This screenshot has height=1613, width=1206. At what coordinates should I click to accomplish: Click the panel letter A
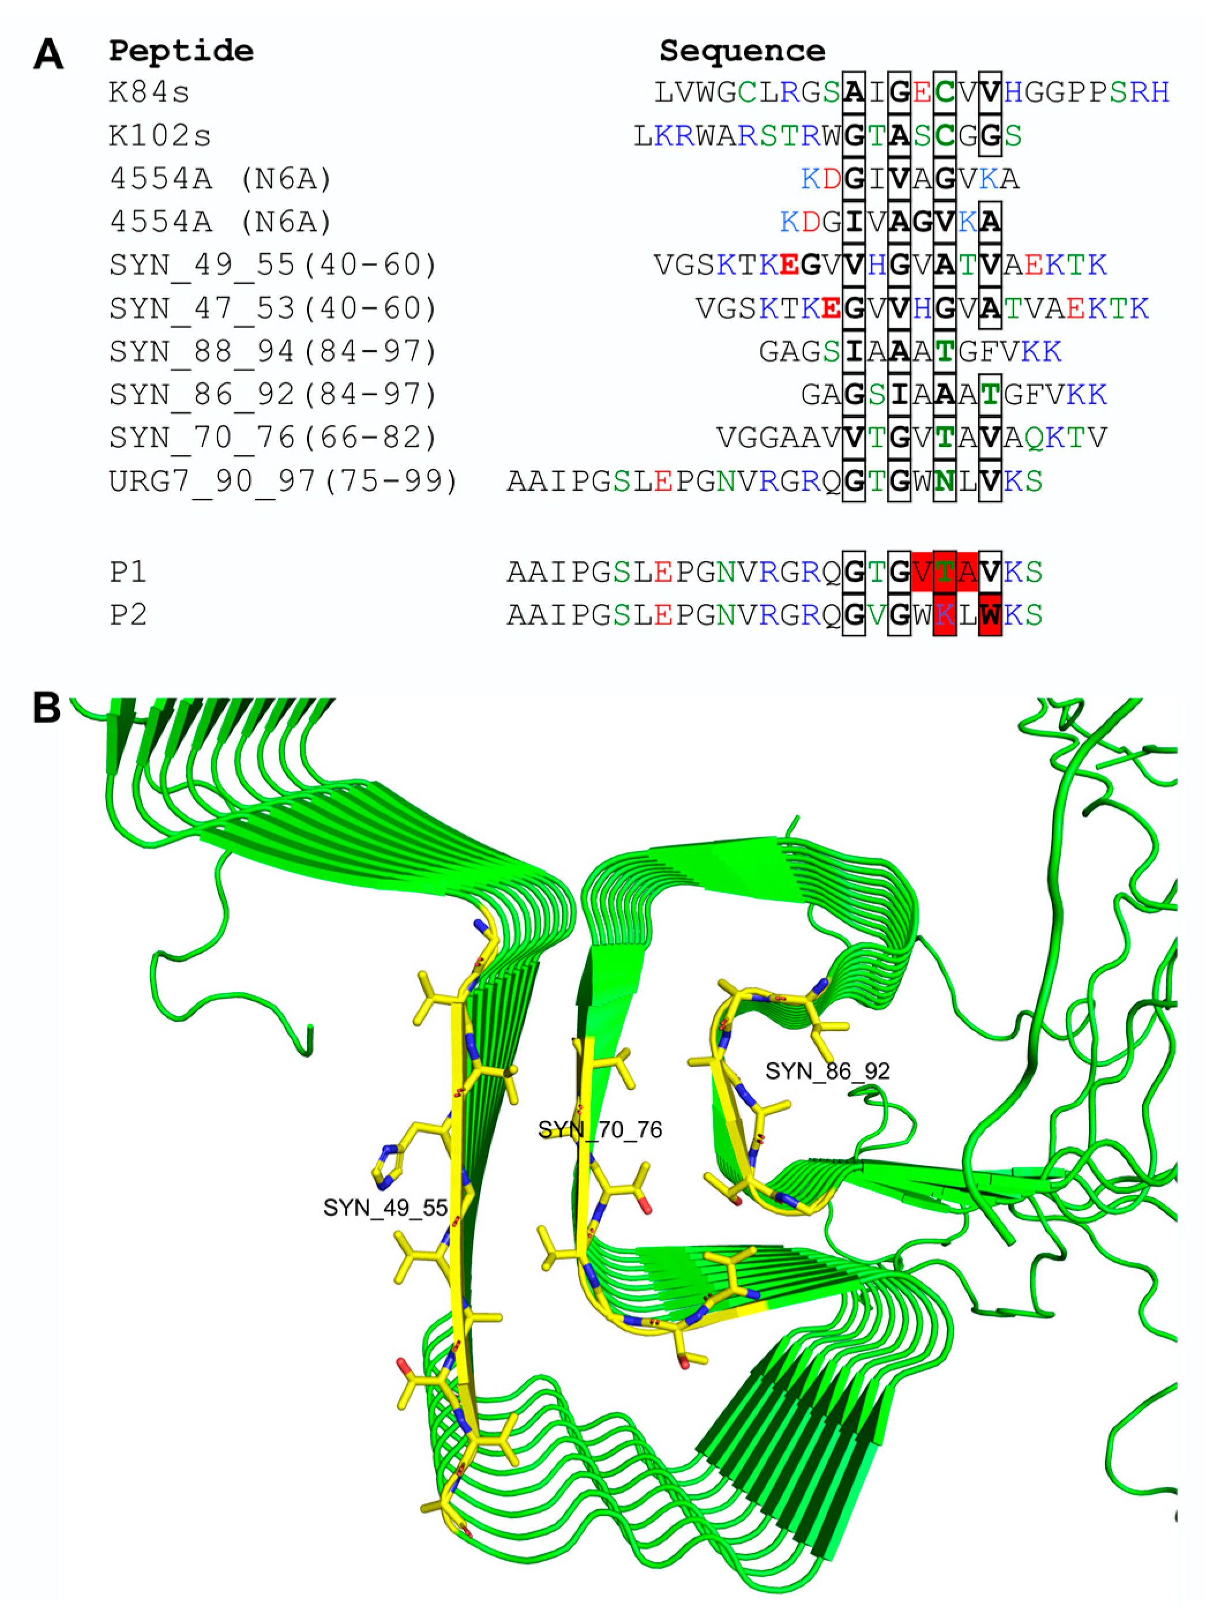pyautogui.click(x=48, y=54)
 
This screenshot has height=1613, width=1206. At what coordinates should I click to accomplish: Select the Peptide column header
pyautogui.click(x=181, y=51)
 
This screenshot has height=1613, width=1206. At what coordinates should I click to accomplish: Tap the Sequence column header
pyautogui.click(x=742, y=51)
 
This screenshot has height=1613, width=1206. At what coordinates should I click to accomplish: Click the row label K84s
pyautogui.click(x=149, y=93)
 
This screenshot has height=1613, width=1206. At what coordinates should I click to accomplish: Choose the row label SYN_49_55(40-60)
pyautogui.click(x=273, y=265)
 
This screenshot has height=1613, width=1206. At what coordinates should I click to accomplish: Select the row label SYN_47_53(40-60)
pyautogui.click(x=273, y=309)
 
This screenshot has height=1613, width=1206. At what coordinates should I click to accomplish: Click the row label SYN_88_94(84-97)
pyautogui.click(x=273, y=351)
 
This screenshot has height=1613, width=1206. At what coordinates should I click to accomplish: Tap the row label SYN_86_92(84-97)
pyautogui.click(x=273, y=394)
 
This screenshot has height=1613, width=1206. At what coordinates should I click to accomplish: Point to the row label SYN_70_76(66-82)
pyautogui.click(x=273, y=438)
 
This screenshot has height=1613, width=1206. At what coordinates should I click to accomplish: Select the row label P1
pyautogui.click(x=129, y=571)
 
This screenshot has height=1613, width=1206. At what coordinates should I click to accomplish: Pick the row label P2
pyautogui.click(x=129, y=615)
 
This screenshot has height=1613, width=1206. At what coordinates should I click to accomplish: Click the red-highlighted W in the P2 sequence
pyautogui.click(x=990, y=615)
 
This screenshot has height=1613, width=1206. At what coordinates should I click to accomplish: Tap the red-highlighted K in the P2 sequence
pyautogui.click(x=945, y=615)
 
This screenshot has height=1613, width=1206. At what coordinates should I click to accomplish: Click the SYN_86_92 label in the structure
pyautogui.click(x=828, y=1071)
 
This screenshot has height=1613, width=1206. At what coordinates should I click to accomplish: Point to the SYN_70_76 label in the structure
pyautogui.click(x=599, y=1130)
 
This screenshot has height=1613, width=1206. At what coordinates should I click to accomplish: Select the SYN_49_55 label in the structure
pyautogui.click(x=385, y=1208)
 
